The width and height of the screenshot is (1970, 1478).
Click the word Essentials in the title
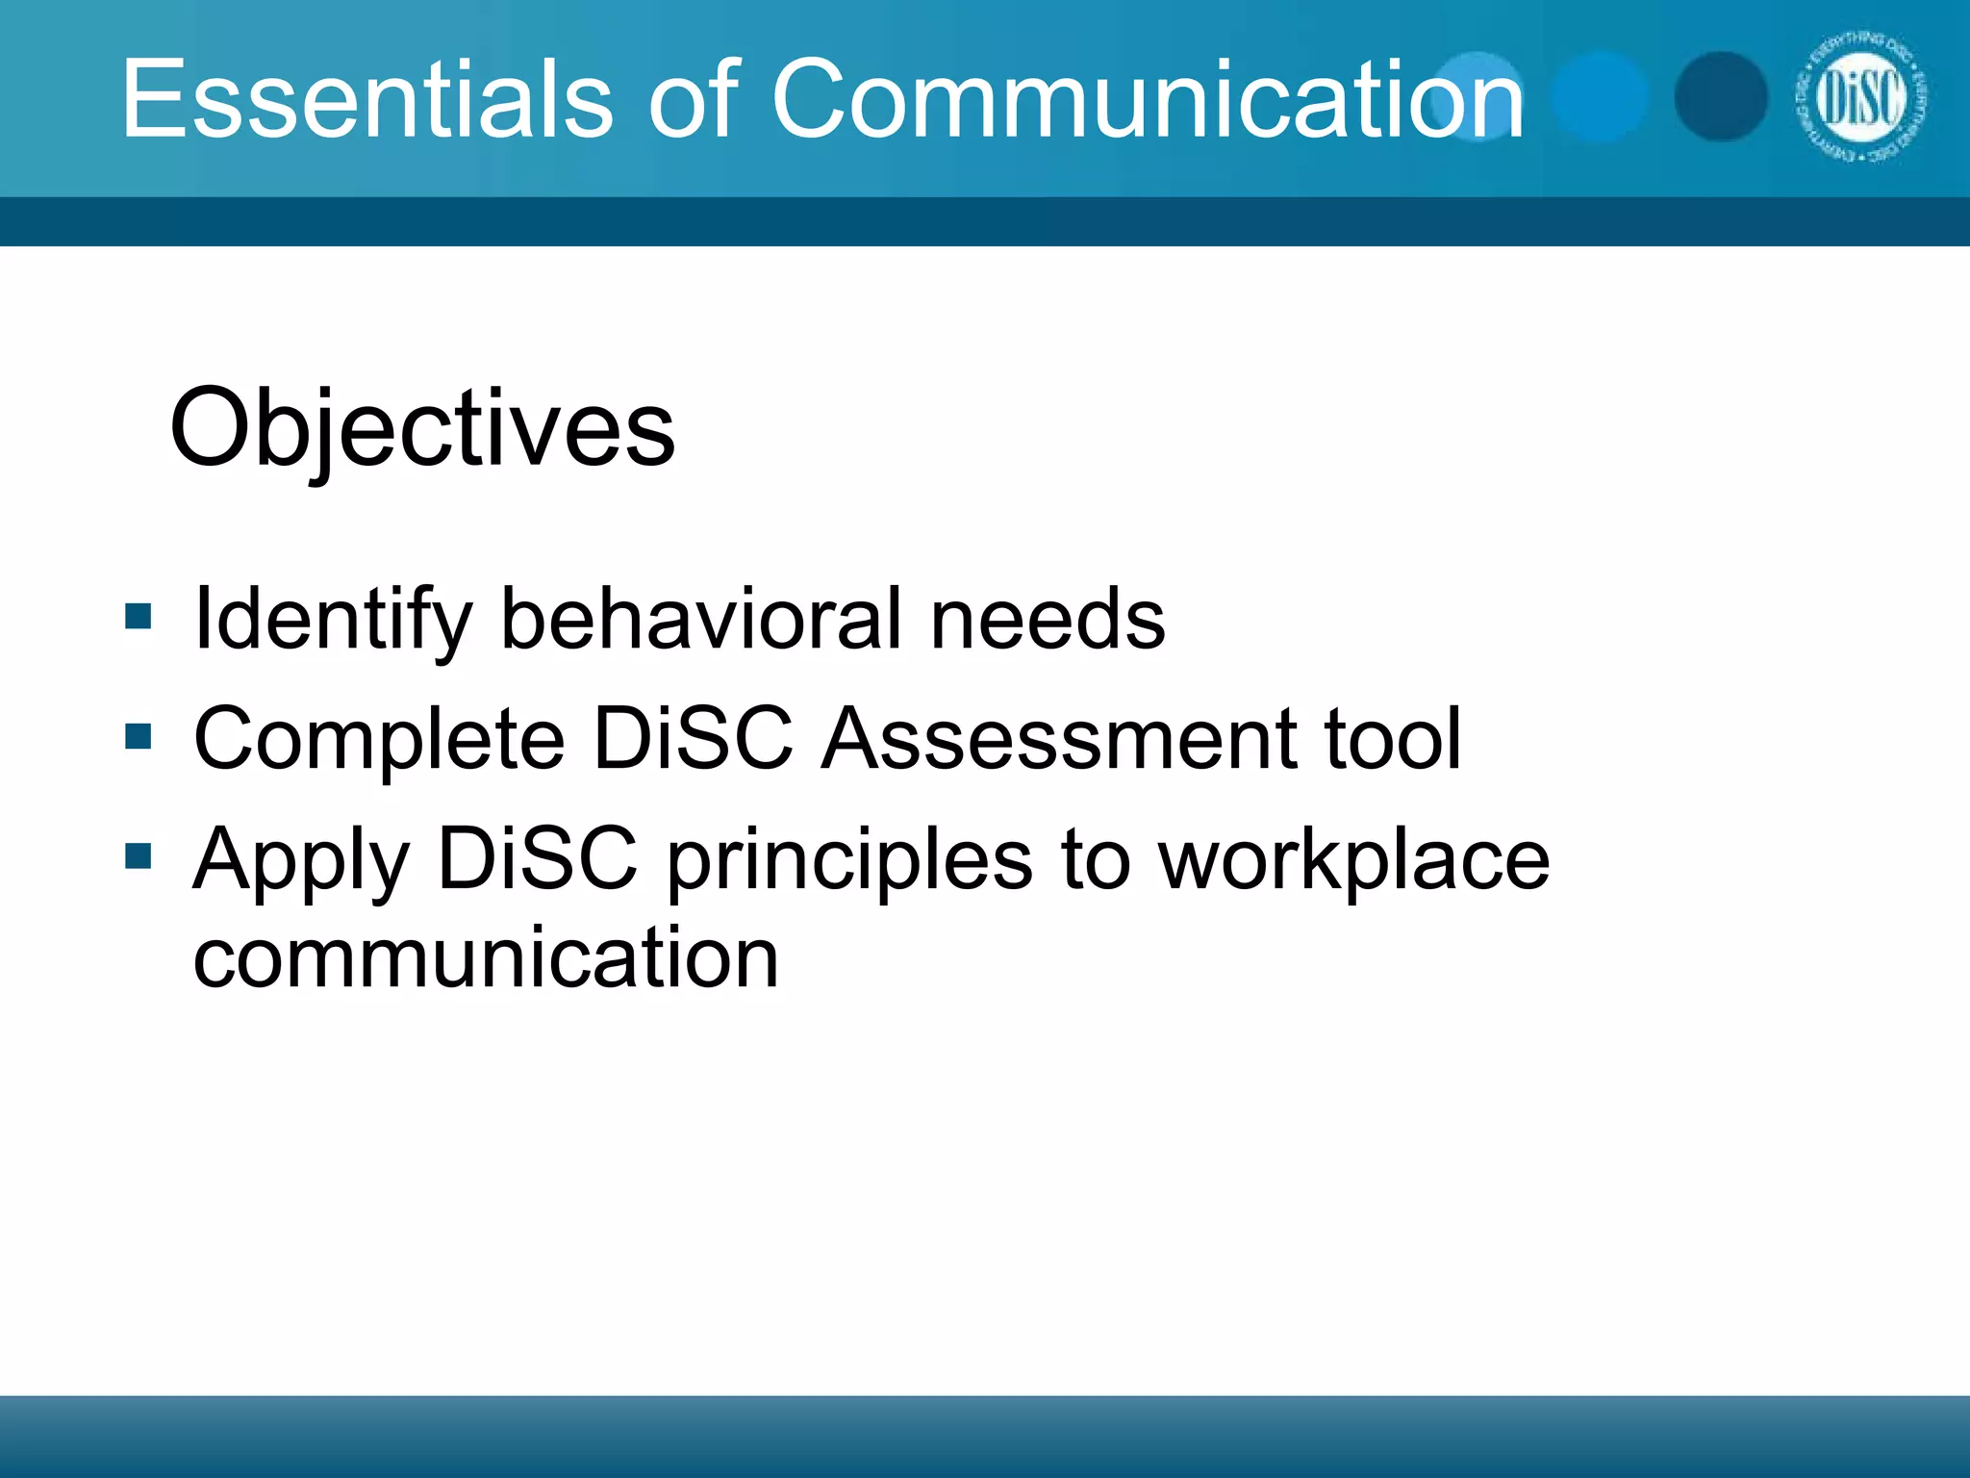tap(366, 99)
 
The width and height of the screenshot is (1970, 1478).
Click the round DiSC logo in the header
tap(1860, 97)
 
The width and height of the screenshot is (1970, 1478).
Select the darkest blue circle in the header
tap(1721, 97)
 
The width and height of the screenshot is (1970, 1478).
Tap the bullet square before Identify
tap(139, 616)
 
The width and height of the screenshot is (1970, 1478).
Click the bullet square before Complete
tap(139, 737)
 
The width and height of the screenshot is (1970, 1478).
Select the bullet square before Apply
tap(139, 855)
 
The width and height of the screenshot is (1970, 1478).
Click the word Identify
tap(333, 621)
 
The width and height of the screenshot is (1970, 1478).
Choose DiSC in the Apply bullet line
tap(537, 858)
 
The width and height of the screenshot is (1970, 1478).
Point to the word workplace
tap(1353, 860)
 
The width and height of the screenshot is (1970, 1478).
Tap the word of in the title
tap(692, 99)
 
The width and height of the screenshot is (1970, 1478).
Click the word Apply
tap(301, 860)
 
